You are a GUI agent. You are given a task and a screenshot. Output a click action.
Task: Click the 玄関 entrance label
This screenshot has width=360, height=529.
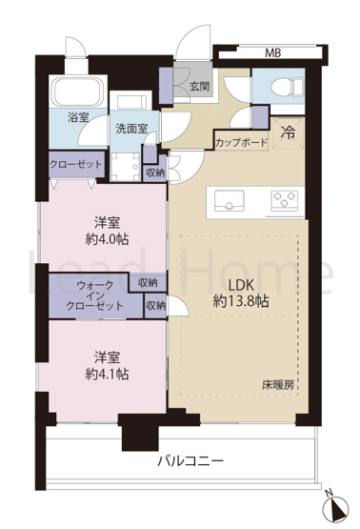[x=199, y=87]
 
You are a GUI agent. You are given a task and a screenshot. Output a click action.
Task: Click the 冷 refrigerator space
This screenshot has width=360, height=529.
[x=289, y=133]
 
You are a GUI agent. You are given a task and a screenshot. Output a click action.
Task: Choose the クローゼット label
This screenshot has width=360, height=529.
[x=75, y=165]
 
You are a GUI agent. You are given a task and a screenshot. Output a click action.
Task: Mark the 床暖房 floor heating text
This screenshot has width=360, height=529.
[x=279, y=385]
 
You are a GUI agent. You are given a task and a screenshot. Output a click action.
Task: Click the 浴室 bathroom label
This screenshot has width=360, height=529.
[x=78, y=119]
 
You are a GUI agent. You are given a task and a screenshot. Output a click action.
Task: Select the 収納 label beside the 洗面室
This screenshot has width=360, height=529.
[x=155, y=173]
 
